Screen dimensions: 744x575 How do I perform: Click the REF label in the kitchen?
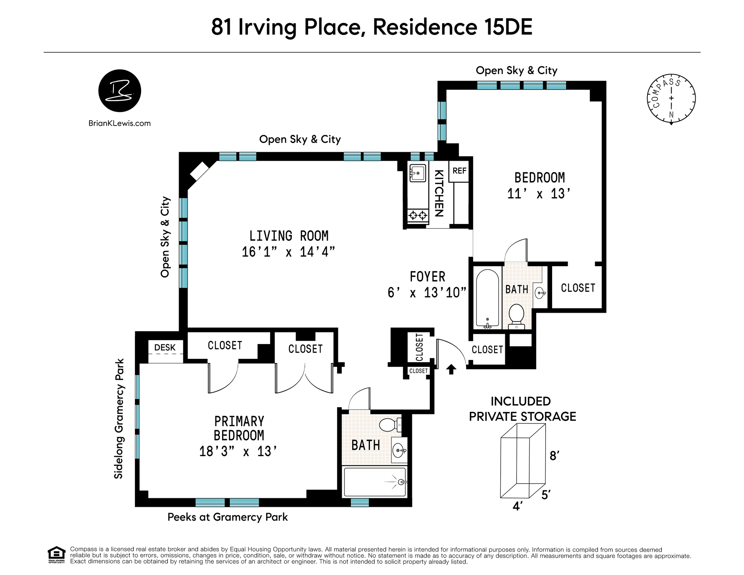coord(459,171)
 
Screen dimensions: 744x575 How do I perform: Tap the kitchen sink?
coord(418,173)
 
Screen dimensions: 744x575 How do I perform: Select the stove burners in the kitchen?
coord(418,215)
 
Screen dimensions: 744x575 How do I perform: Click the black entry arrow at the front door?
coord(451,369)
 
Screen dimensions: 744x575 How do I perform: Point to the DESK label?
coord(165,348)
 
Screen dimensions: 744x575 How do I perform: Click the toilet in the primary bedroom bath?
coord(390,425)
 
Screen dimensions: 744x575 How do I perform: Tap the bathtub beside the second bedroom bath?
coord(487,299)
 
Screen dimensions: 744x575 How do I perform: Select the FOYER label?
coord(428,277)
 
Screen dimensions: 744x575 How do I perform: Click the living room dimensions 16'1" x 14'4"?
coord(288,252)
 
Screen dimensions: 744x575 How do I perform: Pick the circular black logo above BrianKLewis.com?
coord(120,91)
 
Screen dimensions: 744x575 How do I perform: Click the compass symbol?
coord(672,99)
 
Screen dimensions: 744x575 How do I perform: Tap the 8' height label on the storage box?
coord(555,456)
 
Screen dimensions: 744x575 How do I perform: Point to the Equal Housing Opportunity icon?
coord(57,555)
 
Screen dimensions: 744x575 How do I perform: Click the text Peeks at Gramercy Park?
coord(228,517)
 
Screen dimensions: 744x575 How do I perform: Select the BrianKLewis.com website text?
coord(120,123)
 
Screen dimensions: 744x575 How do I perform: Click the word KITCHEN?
coord(439,193)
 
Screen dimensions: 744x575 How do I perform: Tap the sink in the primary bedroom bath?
coord(400,450)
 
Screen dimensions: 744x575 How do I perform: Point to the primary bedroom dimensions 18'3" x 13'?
coord(238,451)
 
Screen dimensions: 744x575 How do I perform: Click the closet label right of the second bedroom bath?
coord(578,288)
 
